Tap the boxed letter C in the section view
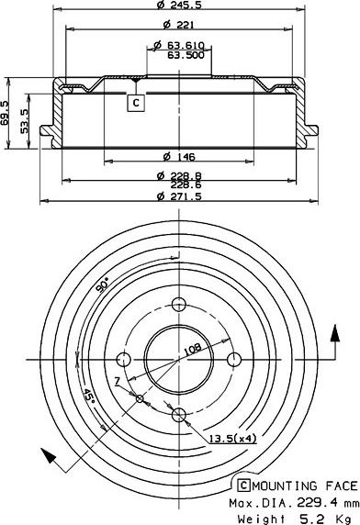(136, 103)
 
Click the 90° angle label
(101, 285)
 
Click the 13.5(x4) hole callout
(231, 439)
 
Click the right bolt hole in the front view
(234, 359)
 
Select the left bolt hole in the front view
(123, 359)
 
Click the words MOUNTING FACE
(305, 486)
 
